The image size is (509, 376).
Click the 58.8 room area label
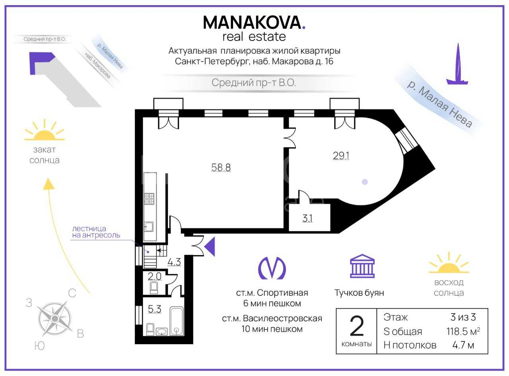[221, 167]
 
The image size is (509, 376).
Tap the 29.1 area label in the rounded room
[341, 156]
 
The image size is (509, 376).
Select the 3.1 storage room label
[307, 218]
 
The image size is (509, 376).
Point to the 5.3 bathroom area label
[154, 309]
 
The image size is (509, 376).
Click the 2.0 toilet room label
[154, 276]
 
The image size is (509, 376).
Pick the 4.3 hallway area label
[174, 262]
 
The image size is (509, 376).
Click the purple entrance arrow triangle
[210, 246]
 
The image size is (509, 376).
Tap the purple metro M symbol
[272, 268]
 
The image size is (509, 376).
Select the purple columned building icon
[362, 266]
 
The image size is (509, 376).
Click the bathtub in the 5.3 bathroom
[177, 321]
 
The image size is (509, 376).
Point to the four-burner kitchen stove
[149, 199]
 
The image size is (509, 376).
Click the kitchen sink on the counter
[149, 227]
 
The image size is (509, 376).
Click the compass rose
[54, 318]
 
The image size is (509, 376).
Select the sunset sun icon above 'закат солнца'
[45, 130]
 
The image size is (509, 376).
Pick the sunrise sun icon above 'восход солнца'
[449, 263]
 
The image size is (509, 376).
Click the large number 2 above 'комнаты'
[357, 326]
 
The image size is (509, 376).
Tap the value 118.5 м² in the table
[463, 331]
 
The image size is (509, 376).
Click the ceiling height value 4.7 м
[463, 345]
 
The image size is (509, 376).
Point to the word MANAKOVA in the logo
[252, 23]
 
